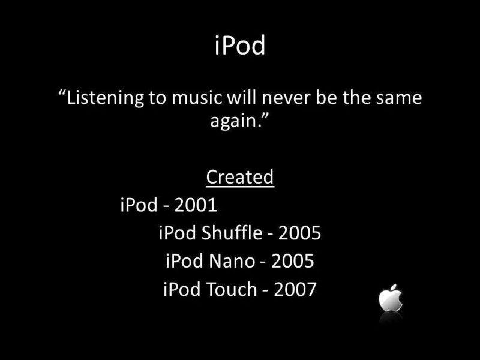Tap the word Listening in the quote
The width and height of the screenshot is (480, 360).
click(105, 98)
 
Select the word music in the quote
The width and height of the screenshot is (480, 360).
click(197, 97)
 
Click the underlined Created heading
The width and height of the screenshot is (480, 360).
click(240, 176)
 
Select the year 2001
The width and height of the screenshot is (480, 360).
click(196, 205)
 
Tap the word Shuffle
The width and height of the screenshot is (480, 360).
click(232, 233)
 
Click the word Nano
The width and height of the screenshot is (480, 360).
click(232, 261)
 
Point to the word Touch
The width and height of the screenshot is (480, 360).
click(232, 289)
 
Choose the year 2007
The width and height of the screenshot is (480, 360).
click(295, 290)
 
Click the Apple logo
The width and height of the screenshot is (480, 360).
click(391, 298)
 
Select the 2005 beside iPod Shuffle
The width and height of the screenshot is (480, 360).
click(299, 233)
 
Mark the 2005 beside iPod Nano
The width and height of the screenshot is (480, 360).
click(292, 261)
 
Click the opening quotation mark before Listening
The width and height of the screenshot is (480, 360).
click(62, 92)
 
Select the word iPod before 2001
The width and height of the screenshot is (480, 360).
click(139, 205)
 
